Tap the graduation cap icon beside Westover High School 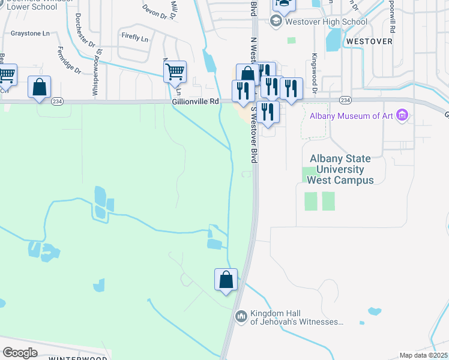pos(276,22)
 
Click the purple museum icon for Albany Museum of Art pos(403,115)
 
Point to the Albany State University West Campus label pos(340,169)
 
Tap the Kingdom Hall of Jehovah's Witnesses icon pos(241,316)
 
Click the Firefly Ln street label pos(134,38)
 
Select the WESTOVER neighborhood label pos(369,41)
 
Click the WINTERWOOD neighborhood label pos(73,358)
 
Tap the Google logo pos(20,352)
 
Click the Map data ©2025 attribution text pos(423,355)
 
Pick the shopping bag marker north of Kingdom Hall pos(226,280)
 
